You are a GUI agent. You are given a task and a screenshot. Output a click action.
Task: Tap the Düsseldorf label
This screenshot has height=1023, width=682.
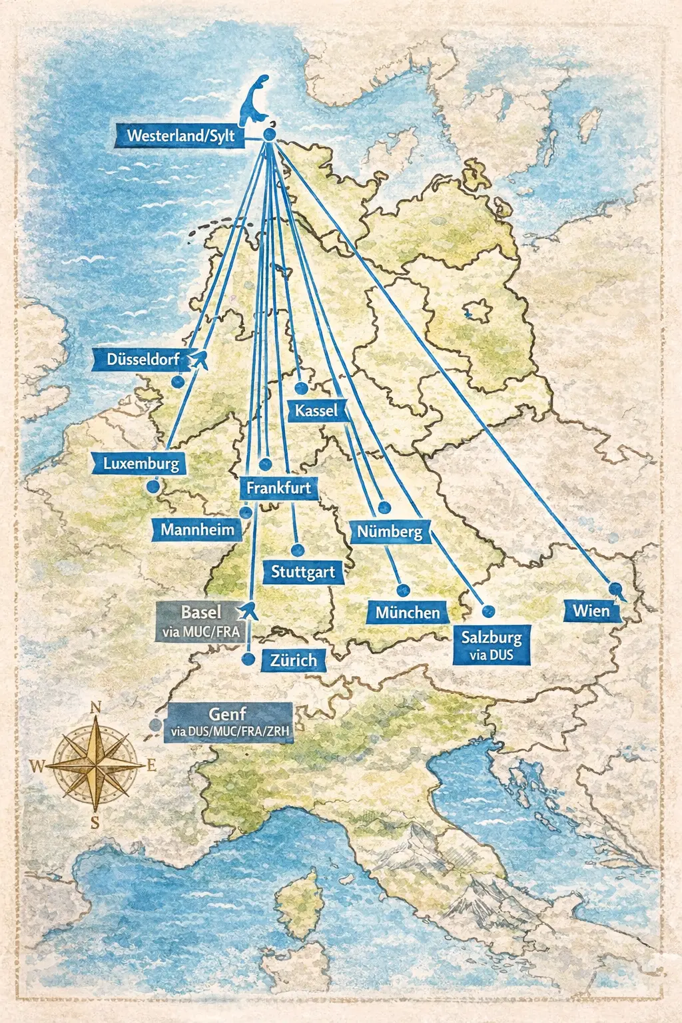point(143,360)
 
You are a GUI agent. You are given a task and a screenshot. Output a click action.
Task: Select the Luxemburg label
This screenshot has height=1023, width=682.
point(141,464)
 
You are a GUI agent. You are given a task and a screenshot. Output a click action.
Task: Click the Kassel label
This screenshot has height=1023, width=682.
point(316,410)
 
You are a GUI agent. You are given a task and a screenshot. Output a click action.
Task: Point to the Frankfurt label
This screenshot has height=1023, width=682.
point(278,488)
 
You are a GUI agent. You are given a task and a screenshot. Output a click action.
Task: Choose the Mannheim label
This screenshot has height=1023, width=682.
point(197,530)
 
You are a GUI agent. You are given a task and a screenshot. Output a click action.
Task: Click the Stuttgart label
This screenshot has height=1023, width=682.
point(303,572)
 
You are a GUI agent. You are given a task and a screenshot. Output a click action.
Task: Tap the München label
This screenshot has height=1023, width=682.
point(408,613)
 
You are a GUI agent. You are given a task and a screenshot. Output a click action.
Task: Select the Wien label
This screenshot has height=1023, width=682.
point(591,611)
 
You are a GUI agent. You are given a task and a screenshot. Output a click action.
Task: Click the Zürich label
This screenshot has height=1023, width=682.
point(293,660)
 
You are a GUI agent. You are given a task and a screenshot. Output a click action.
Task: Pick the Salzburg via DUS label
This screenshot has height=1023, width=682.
point(492,645)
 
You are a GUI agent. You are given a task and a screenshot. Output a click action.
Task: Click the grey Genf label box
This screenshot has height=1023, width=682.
point(228,722)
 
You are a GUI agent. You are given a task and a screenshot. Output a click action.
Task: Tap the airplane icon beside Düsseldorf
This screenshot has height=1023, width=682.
point(198,360)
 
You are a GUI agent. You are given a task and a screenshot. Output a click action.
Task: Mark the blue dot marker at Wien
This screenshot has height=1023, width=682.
point(616,589)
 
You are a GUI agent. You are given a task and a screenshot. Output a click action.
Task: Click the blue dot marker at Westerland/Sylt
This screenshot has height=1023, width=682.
point(269,135)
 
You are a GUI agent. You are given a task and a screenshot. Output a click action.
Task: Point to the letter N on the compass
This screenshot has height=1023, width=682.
point(95,708)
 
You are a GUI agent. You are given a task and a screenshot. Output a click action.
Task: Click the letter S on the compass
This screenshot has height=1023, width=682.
point(95,823)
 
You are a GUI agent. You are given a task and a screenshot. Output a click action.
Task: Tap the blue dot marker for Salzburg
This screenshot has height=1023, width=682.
point(488,611)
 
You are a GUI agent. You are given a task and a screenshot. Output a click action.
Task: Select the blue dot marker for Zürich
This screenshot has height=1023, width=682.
point(248,659)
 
